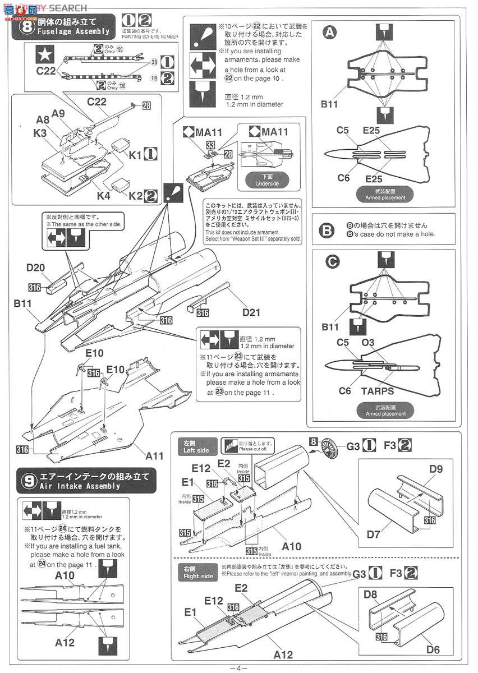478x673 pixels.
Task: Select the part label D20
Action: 36,268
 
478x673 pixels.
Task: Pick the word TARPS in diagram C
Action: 376,391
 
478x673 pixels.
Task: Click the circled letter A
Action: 330,33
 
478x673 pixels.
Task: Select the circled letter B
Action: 329,230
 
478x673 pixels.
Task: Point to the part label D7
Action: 374,534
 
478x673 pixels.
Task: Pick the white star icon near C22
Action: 43,54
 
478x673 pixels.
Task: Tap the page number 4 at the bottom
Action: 238,667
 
